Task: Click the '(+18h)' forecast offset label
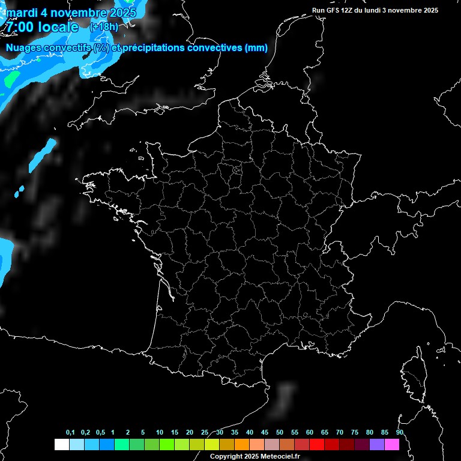coord(103,26)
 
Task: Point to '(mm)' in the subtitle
coord(256,47)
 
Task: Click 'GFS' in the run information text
coord(337,10)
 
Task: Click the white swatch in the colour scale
coord(61,445)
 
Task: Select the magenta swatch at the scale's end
coord(392,445)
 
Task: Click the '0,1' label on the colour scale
coord(70,433)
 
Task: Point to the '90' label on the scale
coord(400,433)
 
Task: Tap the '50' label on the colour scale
coord(280,433)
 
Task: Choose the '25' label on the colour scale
coord(205,433)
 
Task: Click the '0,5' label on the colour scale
coord(100,433)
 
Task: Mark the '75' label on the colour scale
coord(355,433)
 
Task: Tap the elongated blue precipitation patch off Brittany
coord(43,154)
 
